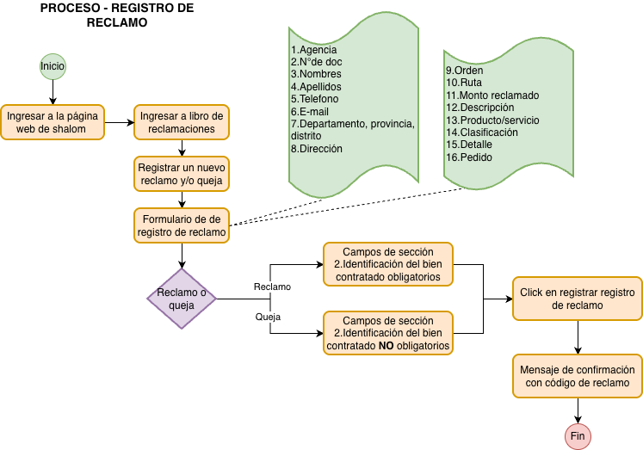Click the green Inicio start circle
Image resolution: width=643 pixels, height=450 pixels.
pyautogui.click(x=53, y=66)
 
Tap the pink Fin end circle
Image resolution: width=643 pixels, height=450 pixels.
pyautogui.click(x=578, y=436)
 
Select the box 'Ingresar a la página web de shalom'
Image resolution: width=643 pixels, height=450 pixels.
pyautogui.click(x=53, y=122)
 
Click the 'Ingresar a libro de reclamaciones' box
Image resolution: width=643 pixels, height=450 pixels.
pyautogui.click(x=182, y=122)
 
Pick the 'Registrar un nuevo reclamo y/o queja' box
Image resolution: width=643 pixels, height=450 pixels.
pyautogui.click(x=182, y=174)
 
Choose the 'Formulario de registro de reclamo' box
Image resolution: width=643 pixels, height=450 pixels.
pyautogui.click(x=182, y=225)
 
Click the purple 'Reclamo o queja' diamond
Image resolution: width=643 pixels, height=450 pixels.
pyautogui.click(x=182, y=299)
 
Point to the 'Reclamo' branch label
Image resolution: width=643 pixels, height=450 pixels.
pyautogui.click(x=272, y=287)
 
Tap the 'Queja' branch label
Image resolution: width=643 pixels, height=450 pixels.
pyautogui.click(x=268, y=317)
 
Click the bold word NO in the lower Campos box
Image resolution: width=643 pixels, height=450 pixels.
pyautogui.click(x=387, y=346)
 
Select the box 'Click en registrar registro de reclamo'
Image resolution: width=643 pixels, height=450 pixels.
pyautogui.click(x=578, y=299)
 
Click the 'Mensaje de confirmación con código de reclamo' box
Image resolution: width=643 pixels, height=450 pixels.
pyautogui.click(x=578, y=376)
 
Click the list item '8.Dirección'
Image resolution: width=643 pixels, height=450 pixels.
pyautogui.click(x=316, y=149)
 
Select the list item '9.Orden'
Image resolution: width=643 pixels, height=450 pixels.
pyautogui.click(x=464, y=71)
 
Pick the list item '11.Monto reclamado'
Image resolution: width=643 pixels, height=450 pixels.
pyautogui.click(x=492, y=96)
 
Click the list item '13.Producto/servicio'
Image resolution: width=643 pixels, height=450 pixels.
pyautogui.click(x=492, y=120)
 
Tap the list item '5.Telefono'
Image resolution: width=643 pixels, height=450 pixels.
pyautogui.click(x=314, y=99)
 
